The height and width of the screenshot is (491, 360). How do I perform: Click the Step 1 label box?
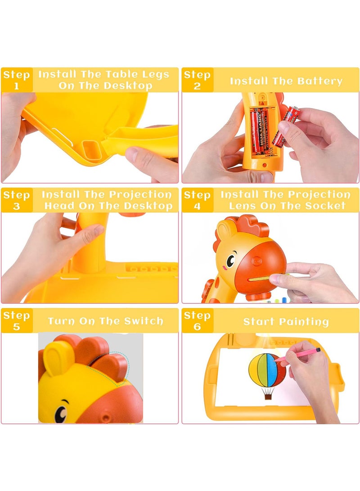[x=17, y=80]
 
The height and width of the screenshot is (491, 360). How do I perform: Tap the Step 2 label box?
[x=198, y=80]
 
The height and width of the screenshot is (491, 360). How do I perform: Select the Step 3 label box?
[x=17, y=200]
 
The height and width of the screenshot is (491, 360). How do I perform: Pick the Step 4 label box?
[x=198, y=200]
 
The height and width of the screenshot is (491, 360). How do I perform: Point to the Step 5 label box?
[x=17, y=320]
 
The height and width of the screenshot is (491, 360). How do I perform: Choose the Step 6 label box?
[x=198, y=320]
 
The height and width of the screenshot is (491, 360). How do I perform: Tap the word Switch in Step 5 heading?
[x=144, y=321]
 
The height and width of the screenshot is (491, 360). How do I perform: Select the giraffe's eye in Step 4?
[x=230, y=260]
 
